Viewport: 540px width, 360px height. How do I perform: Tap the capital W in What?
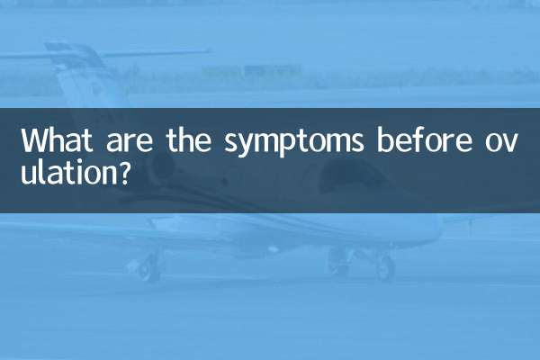point(33,142)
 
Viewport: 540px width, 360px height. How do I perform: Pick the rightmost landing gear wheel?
point(385,267)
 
